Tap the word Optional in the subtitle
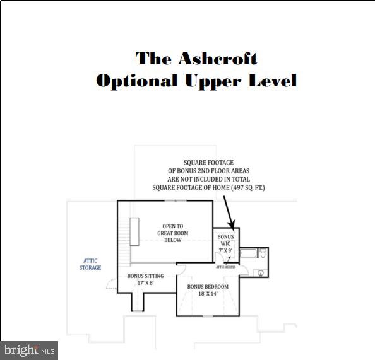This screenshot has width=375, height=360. [x=136, y=81]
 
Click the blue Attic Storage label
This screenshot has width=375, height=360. [x=90, y=264]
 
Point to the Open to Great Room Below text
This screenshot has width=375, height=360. [x=169, y=233]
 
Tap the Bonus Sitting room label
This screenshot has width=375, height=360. [x=145, y=276]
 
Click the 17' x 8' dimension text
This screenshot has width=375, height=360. [x=145, y=284]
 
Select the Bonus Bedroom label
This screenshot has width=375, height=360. [x=208, y=287]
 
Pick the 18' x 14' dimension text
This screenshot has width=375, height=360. [x=208, y=294]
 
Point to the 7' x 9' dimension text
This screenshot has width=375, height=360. [x=225, y=251]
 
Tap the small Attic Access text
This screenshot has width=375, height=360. [x=225, y=267]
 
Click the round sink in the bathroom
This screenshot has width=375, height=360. [x=261, y=273]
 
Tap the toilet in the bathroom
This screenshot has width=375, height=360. [x=263, y=255]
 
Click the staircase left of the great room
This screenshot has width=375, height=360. [x=134, y=231]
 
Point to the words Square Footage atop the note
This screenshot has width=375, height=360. [x=208, y=163]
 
